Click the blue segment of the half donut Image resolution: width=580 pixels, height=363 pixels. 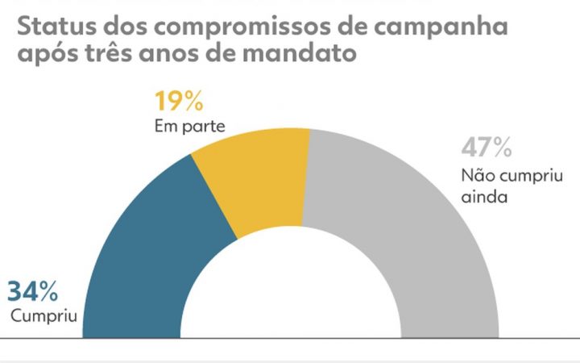153,250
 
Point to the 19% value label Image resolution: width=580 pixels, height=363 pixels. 179,104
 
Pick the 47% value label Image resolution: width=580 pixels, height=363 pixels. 487,149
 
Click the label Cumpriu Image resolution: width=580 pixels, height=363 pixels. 43,314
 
